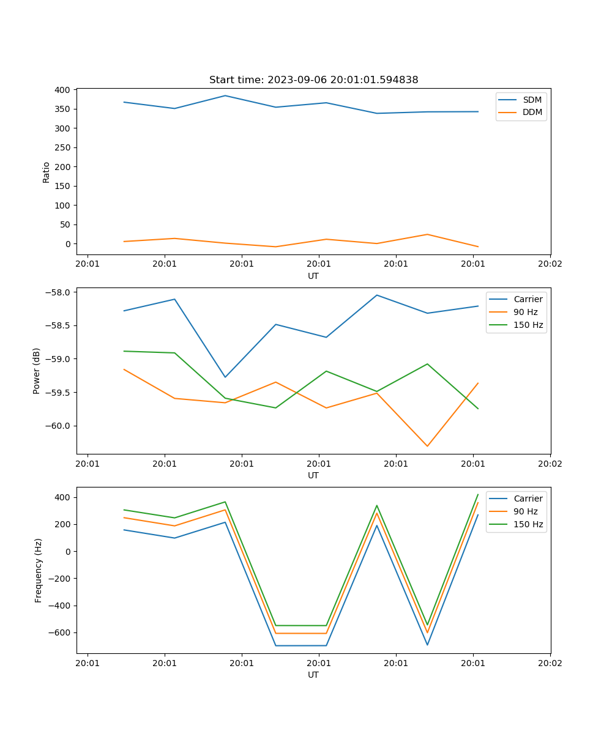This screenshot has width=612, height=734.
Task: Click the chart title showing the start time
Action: (313, 80)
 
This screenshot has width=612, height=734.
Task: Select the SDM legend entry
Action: (532, 100)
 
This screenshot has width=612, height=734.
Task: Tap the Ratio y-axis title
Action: (47, 172)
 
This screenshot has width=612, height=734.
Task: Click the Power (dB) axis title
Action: (37, 371)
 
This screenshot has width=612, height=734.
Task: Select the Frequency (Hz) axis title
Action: (38, 570)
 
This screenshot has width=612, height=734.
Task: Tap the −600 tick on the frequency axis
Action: (59, 632)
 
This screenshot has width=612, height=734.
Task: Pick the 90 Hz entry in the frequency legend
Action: (525, 511)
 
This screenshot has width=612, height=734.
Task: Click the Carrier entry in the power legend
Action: (528, 299)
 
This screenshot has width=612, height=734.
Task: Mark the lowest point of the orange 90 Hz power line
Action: (427, 447)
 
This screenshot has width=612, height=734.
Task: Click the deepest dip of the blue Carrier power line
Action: (225, 377)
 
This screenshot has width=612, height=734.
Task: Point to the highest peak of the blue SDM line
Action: (225, 95)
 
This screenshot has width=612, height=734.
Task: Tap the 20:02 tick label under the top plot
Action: (550, 264)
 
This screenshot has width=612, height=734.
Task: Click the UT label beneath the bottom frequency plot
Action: (313, 675)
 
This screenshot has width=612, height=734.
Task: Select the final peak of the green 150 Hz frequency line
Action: (478, 494)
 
